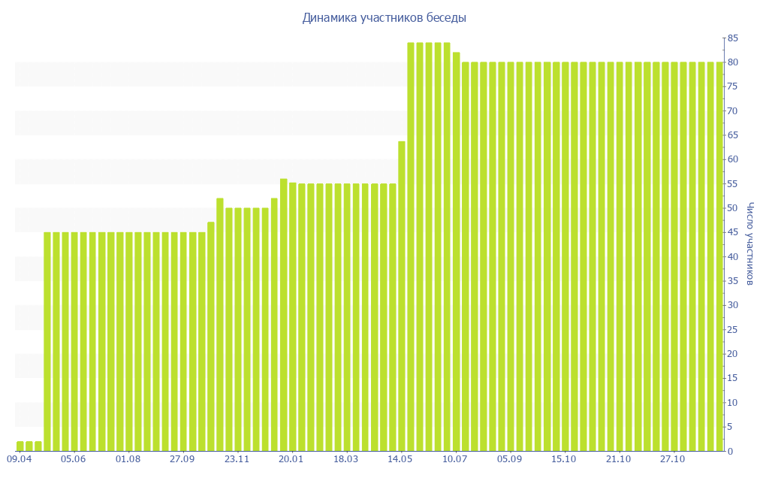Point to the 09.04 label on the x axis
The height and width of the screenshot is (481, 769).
click(x=19, y=459)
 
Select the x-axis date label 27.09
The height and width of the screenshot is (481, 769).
click(x=182, y=459)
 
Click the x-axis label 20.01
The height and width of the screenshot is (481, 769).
click(x=291, y=459)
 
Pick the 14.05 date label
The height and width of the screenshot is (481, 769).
click(x=400, y=459)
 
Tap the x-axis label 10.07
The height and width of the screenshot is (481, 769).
click(x=455, y=459)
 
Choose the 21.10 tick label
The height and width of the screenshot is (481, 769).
click(x=618, y=459)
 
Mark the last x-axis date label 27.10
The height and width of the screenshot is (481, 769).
click(x=673, y=459)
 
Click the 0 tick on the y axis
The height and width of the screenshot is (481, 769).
click(x=729, y=451)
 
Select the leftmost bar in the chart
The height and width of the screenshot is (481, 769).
click(x=20, y=446)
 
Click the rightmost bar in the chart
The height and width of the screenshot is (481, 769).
click(x=719, y=256)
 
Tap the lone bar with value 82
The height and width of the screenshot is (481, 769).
click(x=457, y=252)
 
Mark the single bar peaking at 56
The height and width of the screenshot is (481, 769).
click(x=284, y=315)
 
